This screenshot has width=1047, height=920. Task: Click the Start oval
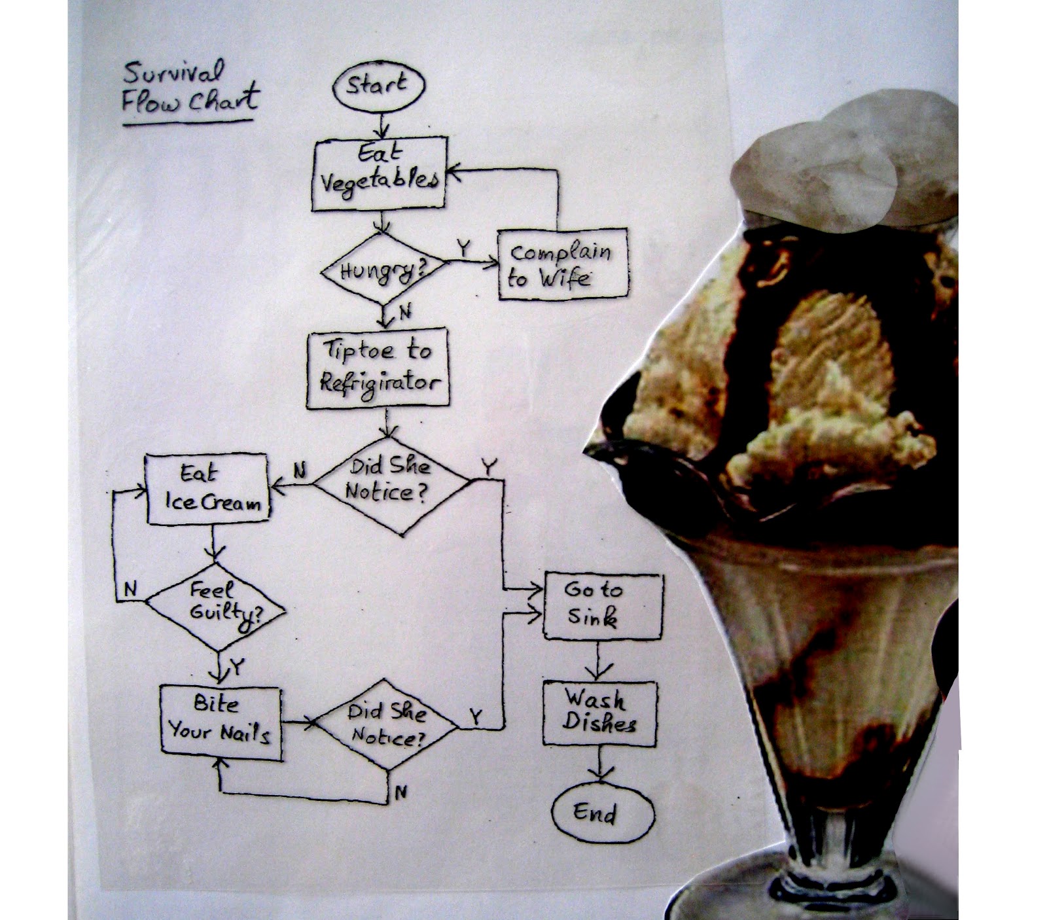click(x=378, y=86)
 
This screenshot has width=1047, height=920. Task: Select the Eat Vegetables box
click(x=379, y=173)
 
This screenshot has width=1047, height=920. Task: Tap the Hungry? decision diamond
click(x=382, y=268)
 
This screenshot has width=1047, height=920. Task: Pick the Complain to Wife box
click(x=562, y=264)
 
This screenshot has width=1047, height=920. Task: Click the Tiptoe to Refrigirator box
click(x=378, y=368)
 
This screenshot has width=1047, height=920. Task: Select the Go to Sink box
click(x=603, y=606)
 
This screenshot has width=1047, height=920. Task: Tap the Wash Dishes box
click(x=599, y=713)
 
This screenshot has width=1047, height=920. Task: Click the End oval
click(x=602, y=813)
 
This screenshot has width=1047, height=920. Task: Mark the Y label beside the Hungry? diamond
click(x=463, y=248)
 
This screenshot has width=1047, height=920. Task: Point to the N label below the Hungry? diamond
click(x=405, y=313)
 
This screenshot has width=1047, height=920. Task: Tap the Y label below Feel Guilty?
click(x=237, y=667)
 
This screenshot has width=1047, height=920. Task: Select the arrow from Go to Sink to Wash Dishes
click(x=598, y=661)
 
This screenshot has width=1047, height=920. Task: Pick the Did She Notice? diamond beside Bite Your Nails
click(x=386, y=724)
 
